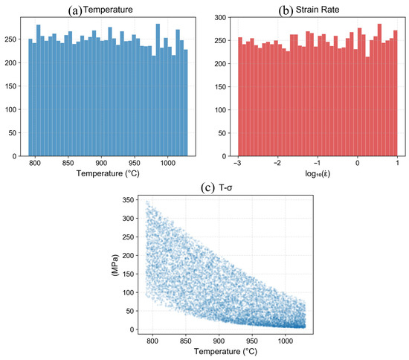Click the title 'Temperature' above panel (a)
pos(108,10)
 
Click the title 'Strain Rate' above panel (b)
pos(318,10)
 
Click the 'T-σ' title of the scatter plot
pos(225,187)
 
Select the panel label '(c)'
pos(208,187)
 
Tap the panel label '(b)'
pos(286,10)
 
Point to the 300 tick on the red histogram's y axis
pos(220,18)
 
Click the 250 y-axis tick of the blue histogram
pos(10,39)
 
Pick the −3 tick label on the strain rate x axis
pos(237,163)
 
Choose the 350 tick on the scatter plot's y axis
pos(128,200)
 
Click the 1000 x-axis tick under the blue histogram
pos(167,163)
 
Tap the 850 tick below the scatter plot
pos(185,341)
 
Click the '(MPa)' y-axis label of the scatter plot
pos(115,266)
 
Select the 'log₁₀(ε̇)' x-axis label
pos(318,173)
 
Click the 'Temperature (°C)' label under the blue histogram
pos(108,173)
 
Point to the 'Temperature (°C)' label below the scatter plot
pos(225,351)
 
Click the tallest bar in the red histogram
pos(379,90)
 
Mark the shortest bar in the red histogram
pos(367,106)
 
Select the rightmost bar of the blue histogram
pos(185,103)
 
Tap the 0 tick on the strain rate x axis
pos(358,163)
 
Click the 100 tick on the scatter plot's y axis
pos(128,293)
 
